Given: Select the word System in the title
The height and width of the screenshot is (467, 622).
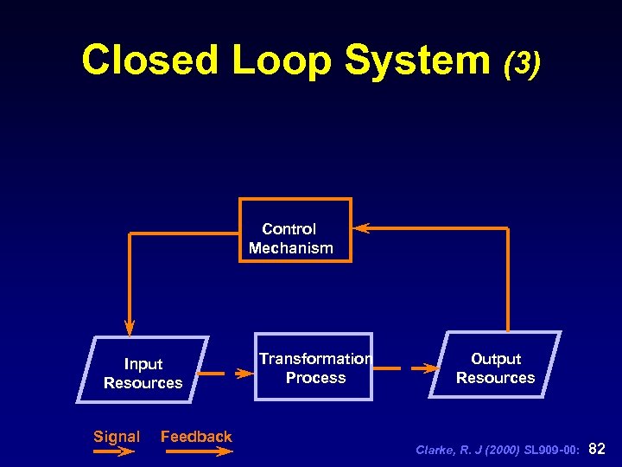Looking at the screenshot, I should [417, 61].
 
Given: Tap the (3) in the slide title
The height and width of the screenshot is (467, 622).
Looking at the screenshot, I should [522, 62].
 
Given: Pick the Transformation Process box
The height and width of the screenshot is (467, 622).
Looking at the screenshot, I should [314, 368].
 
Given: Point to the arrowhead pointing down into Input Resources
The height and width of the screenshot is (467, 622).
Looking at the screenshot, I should [130, 328].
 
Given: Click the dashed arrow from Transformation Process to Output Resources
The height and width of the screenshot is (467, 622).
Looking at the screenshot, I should [406, 368].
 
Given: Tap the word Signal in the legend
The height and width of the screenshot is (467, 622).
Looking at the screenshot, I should [117, 437].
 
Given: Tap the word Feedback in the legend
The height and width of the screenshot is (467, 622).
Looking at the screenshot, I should [196, 437].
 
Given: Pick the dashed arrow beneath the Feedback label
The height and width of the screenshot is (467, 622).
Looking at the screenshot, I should [196, 451].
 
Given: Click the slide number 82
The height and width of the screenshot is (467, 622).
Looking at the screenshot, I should [596, 449].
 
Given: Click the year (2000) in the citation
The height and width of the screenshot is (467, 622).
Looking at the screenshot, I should [492, 451].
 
